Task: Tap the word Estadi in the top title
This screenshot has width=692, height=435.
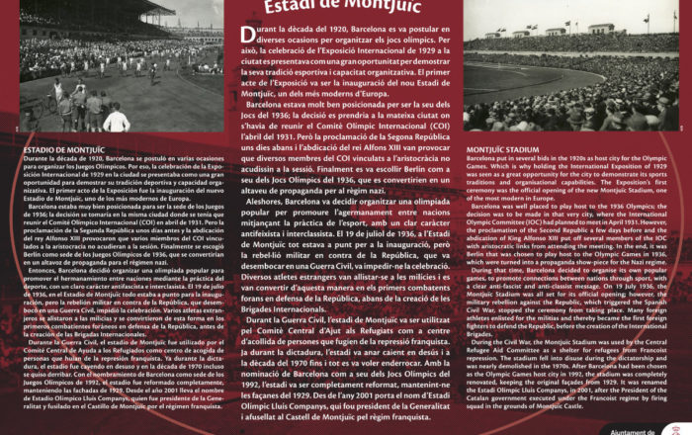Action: (294, 8)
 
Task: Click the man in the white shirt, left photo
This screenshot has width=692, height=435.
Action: (116, 121)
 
